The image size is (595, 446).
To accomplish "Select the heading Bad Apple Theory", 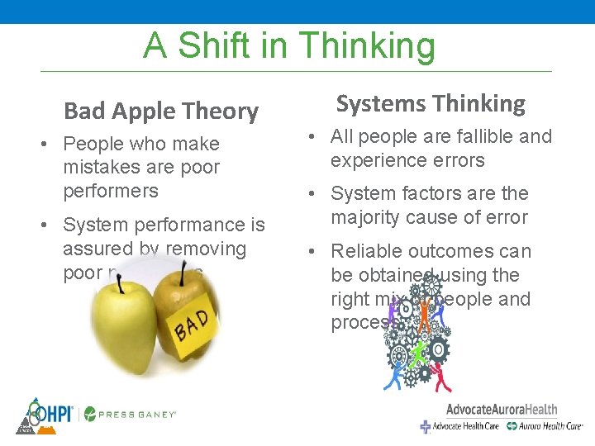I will pos(161,111).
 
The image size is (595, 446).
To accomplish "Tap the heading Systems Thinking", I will pos(430,104).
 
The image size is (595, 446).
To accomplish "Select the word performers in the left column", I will pos(110,191).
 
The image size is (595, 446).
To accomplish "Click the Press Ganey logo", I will pos(131,414).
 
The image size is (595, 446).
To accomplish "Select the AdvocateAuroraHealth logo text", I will pos(501,410).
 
